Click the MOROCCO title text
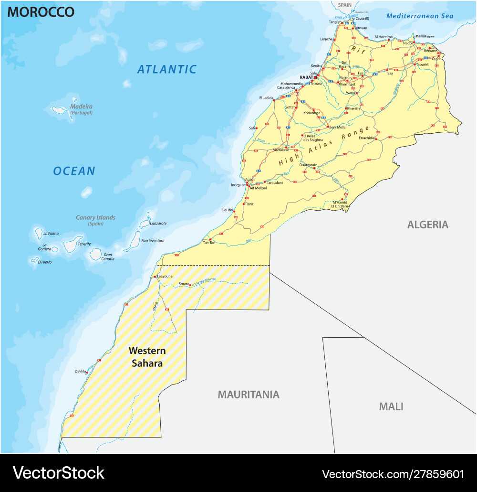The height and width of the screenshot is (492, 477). [x=41, y=12]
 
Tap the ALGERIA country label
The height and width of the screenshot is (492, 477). [x=428, y=225]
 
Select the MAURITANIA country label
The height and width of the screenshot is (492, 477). [x=249, y=395]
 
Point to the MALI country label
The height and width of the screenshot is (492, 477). [x=391, y=406]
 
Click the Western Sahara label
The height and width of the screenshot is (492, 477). [x=147, y=357]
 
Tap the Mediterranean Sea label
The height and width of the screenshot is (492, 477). [x=420, y=16]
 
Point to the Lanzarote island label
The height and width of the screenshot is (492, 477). [x=158, y=223]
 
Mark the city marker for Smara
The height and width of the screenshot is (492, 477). [x=190, y=285]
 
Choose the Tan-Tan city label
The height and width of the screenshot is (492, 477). [x=209, y=243]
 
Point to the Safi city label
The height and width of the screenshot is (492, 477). [x=252, y=128]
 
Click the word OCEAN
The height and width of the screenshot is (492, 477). [x=74, y=171]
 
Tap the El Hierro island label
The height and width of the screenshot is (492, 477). [x=46, y=262]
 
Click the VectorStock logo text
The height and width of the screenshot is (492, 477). [x=58, y=473]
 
